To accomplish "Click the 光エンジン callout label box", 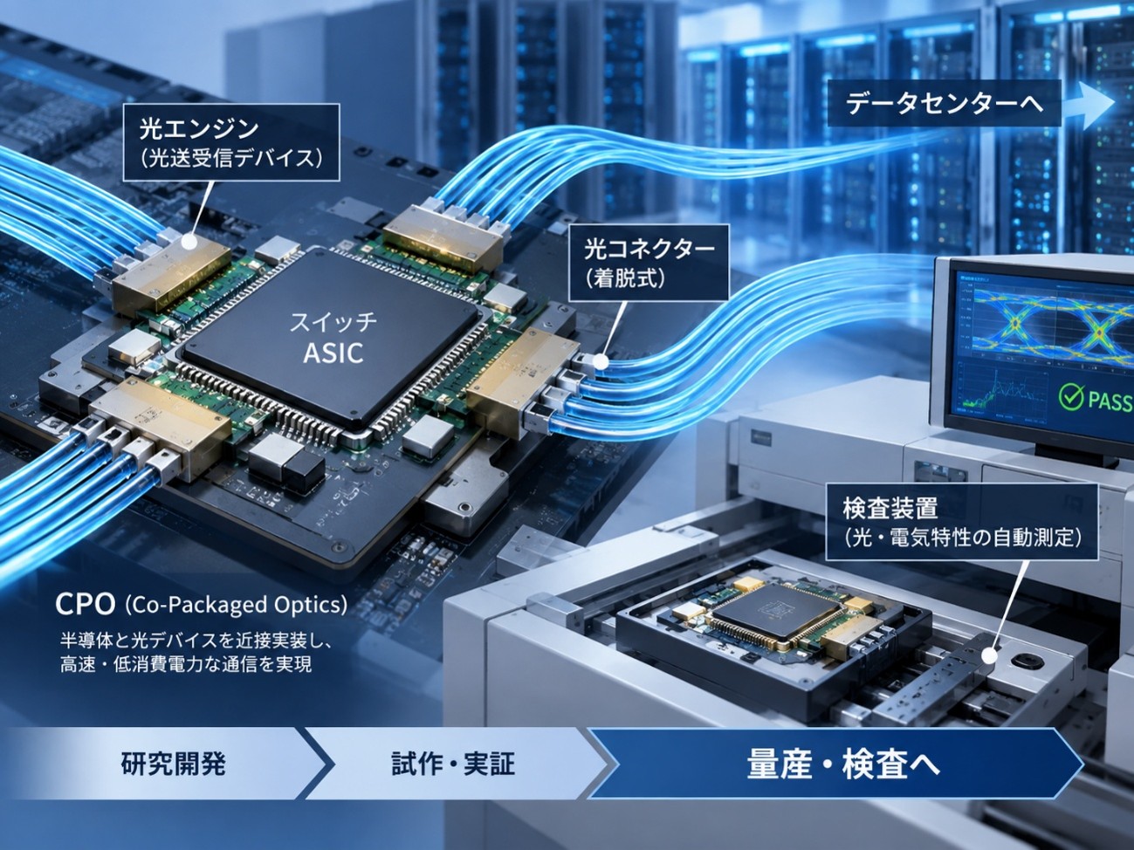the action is click(x=231, y=142).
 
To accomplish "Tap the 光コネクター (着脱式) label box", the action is click(x=649, y=263).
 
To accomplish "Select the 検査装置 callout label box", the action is click(x=961, y=521).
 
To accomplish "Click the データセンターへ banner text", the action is click(x=944, y=103).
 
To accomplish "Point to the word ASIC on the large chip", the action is click(x=333, y=353).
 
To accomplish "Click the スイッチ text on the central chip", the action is click(x=333, y=323).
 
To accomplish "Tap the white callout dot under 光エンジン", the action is click(x=190, y=242).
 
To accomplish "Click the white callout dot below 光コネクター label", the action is click(x=601, y=362).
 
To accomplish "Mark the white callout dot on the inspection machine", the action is click(x=988, y=656).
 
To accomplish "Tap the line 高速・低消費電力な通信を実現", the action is click(x=185, y=665).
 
